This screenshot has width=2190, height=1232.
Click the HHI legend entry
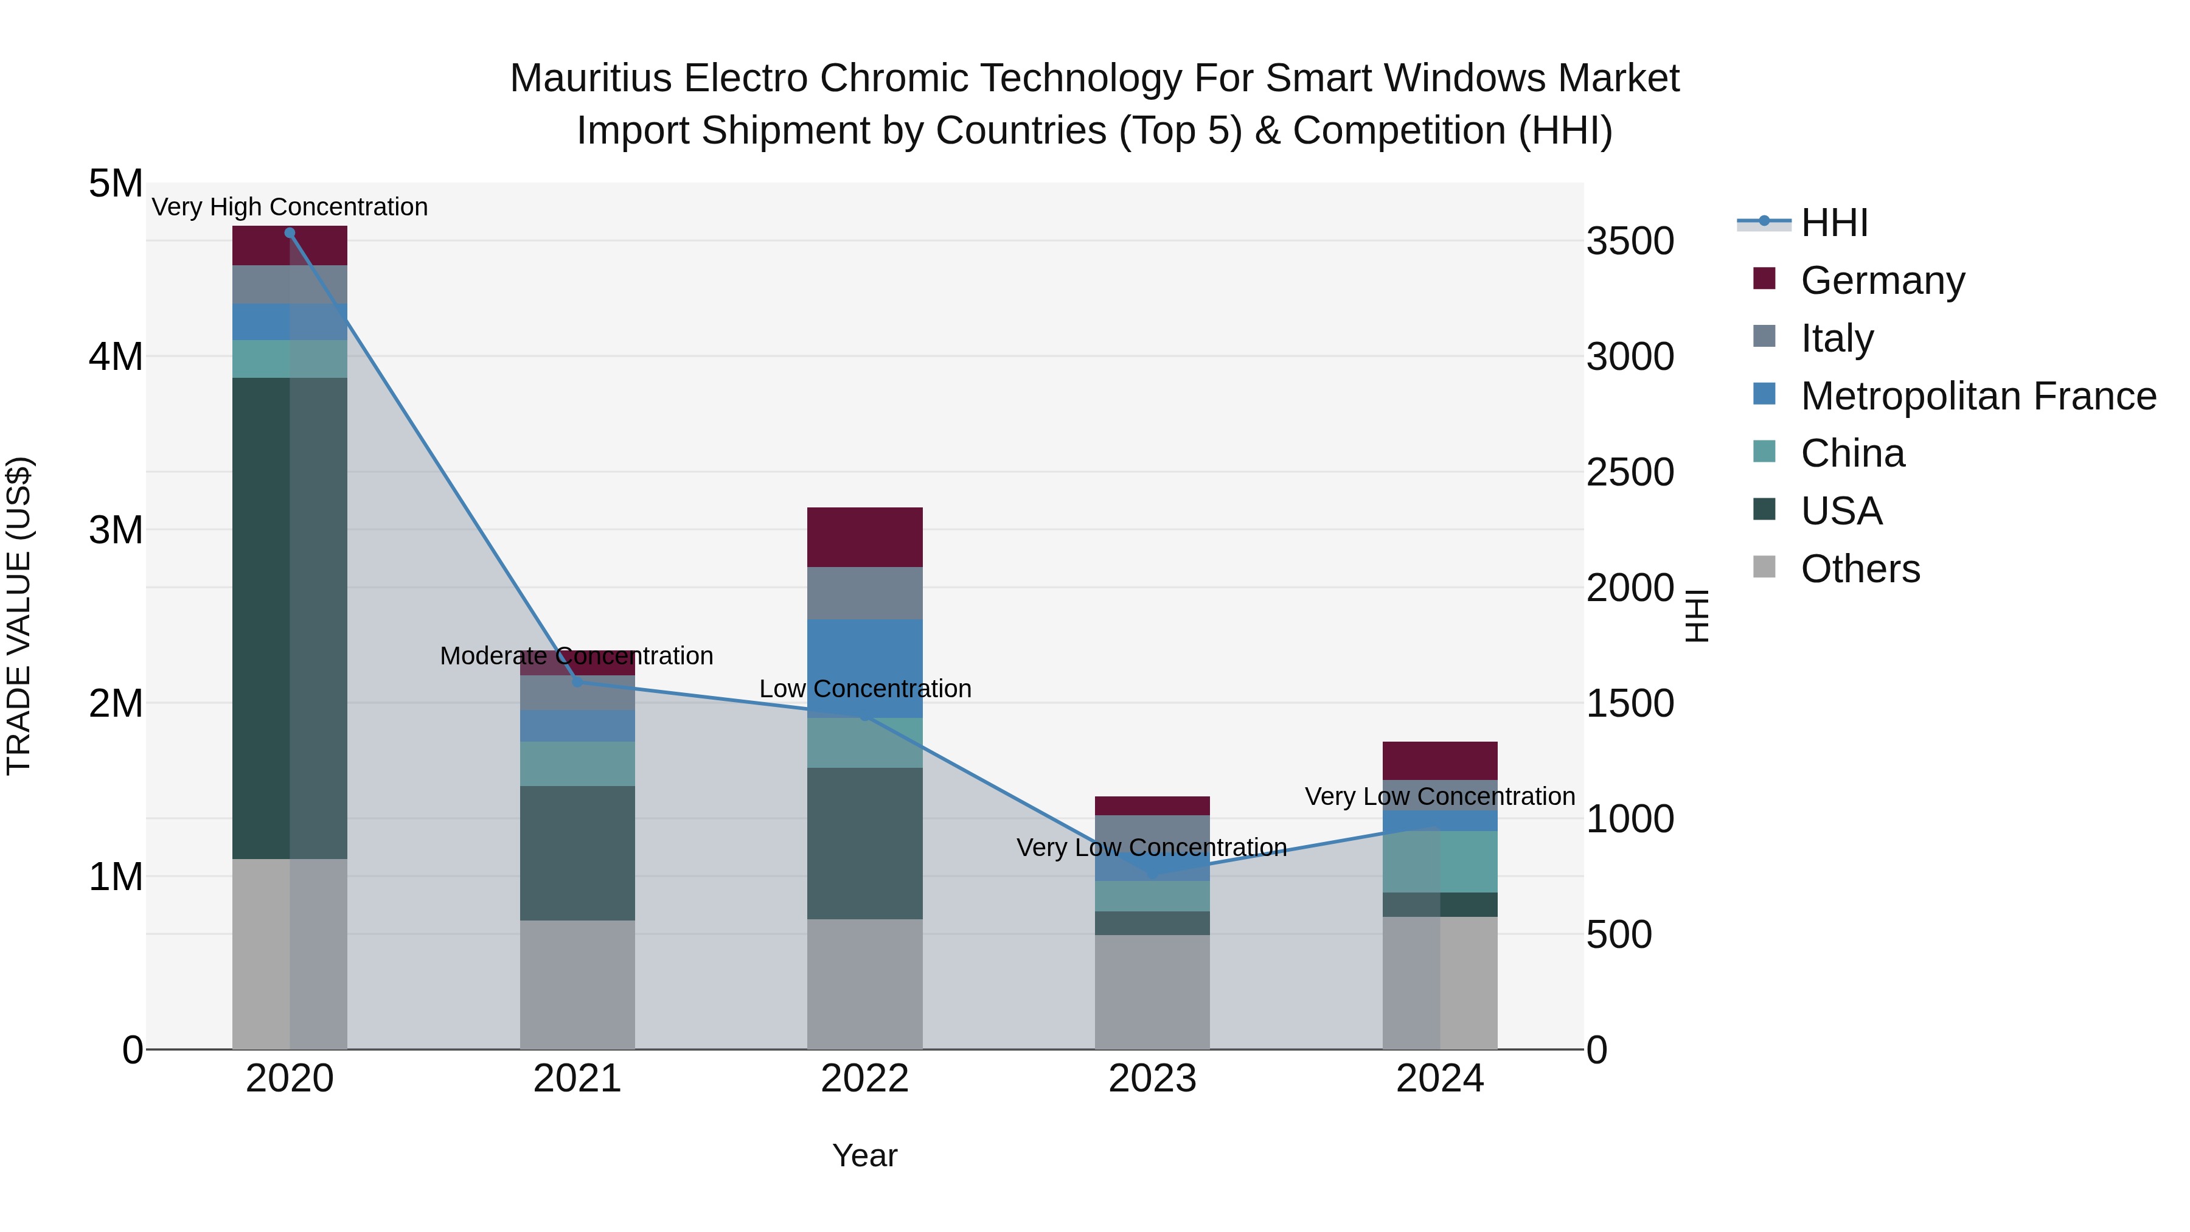(x=1833, y=223)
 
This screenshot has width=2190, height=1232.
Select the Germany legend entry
(x=1882, y=280)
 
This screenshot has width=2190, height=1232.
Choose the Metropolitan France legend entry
(x=1978, y=395)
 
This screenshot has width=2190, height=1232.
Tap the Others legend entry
(x=1859, y=568)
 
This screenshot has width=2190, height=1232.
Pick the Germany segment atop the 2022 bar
(x=864, y=537)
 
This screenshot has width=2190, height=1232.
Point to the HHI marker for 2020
(x=290, y=232)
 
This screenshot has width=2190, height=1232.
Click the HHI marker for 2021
(x=577, y=682)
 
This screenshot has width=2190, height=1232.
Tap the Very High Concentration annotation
(x=290, y=207)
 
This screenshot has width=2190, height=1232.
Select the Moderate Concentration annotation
(x=577, y=655)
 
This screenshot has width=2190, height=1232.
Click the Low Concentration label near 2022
(x=864, y=689)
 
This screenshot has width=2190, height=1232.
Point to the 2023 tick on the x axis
(x=1152, y=1079)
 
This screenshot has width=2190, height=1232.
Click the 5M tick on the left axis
(x=116, y=184)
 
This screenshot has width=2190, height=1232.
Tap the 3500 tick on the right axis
(x=1630, y=242)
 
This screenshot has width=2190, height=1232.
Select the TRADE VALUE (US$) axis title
(x=19, y=616)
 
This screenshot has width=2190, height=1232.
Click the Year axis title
(x=864, y=1155)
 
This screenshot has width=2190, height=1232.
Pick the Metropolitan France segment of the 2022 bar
(x=864, y=668)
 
